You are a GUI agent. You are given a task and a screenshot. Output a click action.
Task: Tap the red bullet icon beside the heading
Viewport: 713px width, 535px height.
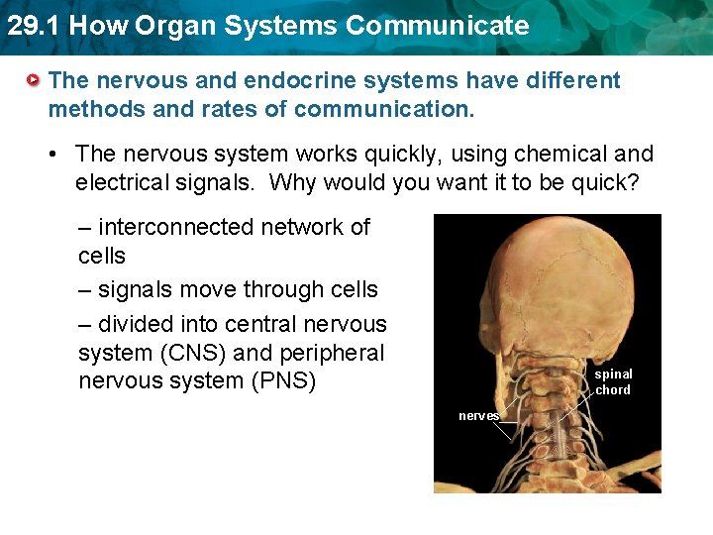(35, 79)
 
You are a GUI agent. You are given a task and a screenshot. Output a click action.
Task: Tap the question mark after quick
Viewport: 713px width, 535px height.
(633, 182)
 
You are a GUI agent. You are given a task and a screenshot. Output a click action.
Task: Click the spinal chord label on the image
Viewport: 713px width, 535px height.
(613, 381)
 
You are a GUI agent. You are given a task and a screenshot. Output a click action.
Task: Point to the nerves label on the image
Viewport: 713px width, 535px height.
(478, 416)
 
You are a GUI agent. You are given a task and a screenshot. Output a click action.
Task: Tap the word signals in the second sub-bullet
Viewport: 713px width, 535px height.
(137, 289)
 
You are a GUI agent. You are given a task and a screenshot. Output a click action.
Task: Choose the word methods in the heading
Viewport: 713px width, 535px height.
(91, 108)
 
